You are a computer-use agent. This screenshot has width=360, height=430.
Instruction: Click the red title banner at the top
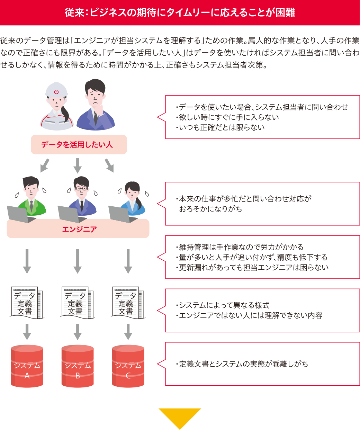click(x=180, y=12)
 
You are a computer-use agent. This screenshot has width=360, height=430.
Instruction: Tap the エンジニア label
click(x=79, y=229)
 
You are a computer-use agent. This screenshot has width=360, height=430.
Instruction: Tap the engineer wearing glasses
click(x=82, y=196)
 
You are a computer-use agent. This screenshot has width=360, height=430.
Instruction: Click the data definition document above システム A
click(x=27, y=302)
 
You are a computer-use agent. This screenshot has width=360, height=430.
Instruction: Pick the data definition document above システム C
click(x=127, y=302)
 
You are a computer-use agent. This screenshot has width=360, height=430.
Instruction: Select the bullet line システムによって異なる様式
click(x=224, y=305)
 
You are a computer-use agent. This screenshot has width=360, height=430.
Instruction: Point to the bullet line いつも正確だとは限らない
click(x=222, y=127)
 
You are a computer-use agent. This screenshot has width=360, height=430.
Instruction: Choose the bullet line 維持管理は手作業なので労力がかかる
click(x=241, y=247)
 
